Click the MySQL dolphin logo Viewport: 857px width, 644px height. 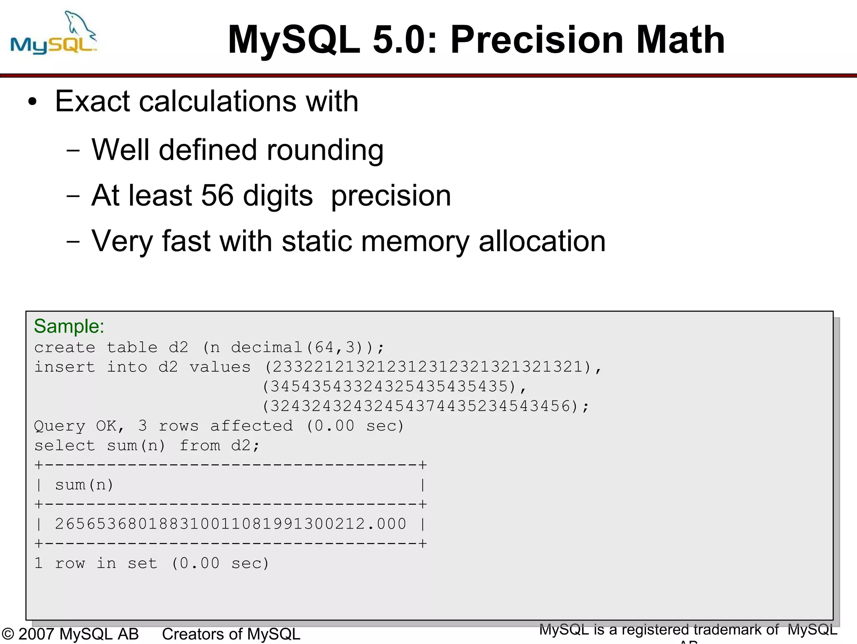[54, 33]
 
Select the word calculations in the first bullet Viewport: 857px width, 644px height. [218, 102]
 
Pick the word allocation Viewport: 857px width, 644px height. [542, 241]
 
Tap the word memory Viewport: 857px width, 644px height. [414, 241]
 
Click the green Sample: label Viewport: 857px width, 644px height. [69, 326]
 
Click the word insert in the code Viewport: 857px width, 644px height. [64, 367]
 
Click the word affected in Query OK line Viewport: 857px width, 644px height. [251, 426]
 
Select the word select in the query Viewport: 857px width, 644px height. [64, 446]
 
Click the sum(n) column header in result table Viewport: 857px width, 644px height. [84, 485]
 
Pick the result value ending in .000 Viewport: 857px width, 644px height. [231, 524]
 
